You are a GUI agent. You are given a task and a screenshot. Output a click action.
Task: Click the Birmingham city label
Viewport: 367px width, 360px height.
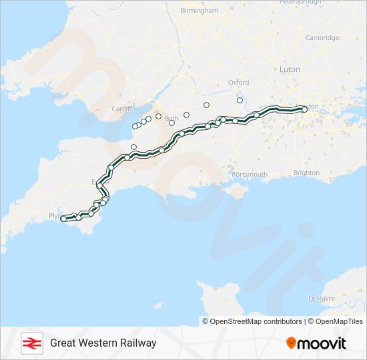click(200, 11)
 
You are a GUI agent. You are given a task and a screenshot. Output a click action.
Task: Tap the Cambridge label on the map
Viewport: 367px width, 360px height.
click(322, 38)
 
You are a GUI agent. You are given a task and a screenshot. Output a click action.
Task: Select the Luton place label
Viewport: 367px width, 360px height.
click(290, 69)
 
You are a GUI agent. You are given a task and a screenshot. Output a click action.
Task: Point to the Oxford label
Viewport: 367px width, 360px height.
click(238, 82)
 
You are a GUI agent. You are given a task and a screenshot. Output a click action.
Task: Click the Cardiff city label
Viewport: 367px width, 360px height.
click(124, 109)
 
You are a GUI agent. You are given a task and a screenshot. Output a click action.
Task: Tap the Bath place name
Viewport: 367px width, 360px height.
click(171, 117)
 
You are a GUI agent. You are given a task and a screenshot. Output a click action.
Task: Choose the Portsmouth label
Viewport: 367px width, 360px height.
click(249, 174)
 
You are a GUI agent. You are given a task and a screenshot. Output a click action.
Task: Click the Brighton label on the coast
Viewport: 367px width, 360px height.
click(306, 173)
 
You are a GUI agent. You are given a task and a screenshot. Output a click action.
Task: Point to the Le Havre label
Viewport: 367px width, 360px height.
click(321, 298)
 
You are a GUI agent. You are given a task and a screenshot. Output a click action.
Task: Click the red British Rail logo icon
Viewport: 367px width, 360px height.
click(31, 343)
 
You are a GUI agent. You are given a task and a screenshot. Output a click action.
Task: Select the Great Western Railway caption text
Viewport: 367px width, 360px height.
click(103, 343)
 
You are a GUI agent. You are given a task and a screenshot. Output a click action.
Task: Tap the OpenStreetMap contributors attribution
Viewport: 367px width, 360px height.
click(256, 321)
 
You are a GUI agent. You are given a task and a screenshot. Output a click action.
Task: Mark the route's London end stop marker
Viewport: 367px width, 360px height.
click(304, 109)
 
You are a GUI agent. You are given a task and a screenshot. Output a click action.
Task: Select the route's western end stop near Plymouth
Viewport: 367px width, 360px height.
click(63, 218)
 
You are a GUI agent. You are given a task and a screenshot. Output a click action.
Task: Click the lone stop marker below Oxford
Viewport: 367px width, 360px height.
click(240, 100)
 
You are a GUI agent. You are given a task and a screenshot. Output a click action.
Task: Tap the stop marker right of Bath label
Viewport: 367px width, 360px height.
click(187, 115)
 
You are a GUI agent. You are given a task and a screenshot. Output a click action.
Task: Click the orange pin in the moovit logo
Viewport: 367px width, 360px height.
click(292, 343)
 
